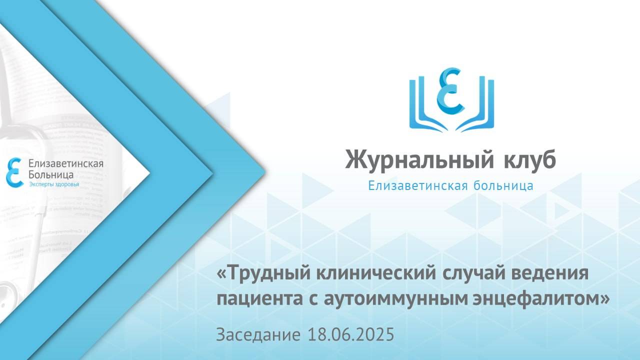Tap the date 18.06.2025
click(351, 334)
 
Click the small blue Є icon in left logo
click(14, 173)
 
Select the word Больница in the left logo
click(51, 174)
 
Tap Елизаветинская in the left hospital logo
click(66, 164)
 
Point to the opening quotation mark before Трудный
click(221, 274)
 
